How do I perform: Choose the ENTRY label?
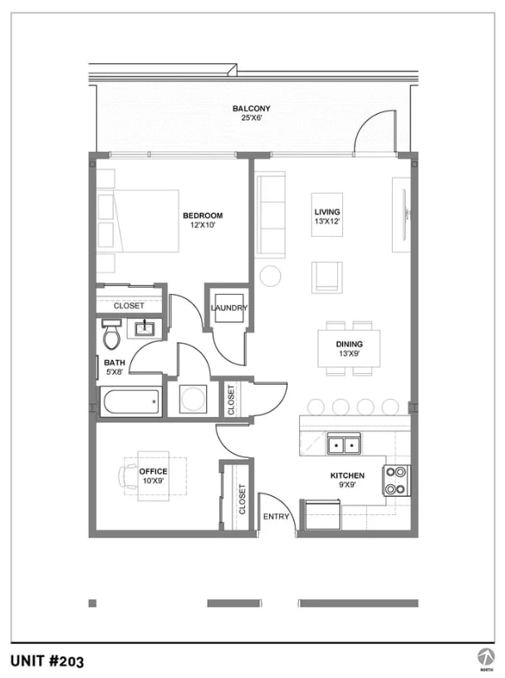click(x=276, y=517)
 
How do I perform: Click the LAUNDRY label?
click(x=228, y=308)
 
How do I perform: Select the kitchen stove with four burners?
click(x=396, y=479)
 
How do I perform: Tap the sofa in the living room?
click(x=271, y=214)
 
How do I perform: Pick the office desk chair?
click(x=128, y=476)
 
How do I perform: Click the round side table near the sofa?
click(x=270, y=276)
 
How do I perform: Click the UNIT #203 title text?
click(x=47, y=661)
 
